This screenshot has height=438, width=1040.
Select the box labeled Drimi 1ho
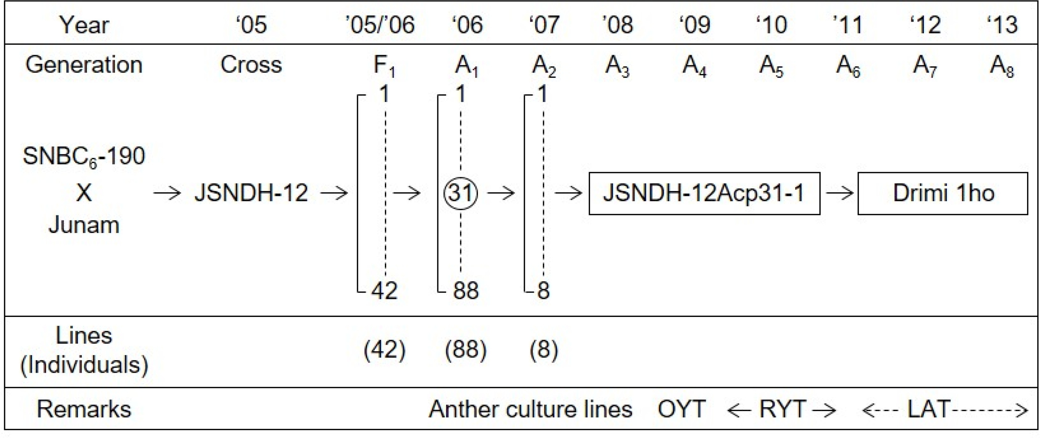pos(943,193)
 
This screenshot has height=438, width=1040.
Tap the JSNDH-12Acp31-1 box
pos(705,193)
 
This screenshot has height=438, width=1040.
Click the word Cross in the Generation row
pos(251,65)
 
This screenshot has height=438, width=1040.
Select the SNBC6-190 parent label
pos(84,157)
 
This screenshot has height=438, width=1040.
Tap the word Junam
pos(84,225)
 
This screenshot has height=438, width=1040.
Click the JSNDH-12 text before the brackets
pos(251,193)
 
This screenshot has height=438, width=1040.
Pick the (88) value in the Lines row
pos(466,349)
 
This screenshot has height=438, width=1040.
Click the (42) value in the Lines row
pos(384,349)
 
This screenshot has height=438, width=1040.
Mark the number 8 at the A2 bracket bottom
pos(543,290)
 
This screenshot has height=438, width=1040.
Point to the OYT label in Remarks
pos(681,409)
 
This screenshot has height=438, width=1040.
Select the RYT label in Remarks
pos(783,409)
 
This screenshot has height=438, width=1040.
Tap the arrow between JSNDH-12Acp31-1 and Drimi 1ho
pos(839,193)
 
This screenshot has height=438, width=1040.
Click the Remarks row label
pos(84,409)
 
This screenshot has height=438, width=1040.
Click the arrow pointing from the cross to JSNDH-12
pos(167,193)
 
